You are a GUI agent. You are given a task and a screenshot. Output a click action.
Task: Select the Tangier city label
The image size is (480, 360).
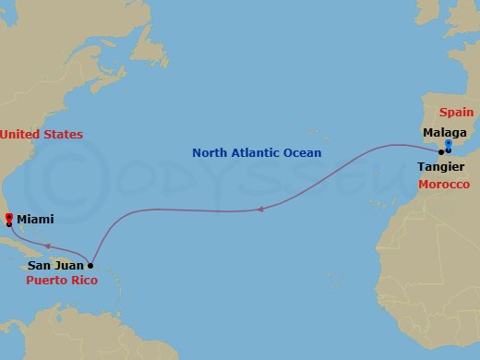[x=439, y=168]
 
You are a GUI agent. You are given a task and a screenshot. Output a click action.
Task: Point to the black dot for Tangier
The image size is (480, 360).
[x=441, y=151]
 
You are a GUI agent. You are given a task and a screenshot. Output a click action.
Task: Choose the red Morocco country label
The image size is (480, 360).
[x=444, y=185]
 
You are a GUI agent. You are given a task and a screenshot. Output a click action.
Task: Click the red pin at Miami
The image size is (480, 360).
[x=8, y=218]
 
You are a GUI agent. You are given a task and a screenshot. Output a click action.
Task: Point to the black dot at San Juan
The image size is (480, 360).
[x=90, y=265]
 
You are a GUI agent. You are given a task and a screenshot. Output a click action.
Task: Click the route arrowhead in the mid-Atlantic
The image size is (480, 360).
[x=259, y=209]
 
